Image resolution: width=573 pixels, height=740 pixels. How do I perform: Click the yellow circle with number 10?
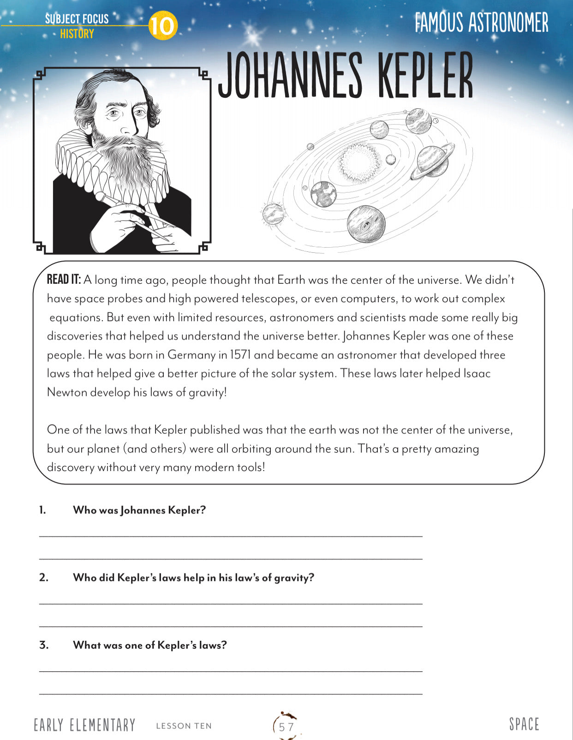(162, 26)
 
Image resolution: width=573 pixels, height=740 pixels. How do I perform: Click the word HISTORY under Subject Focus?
(77, 34)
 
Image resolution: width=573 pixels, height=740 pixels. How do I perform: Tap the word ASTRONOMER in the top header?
(508, 23)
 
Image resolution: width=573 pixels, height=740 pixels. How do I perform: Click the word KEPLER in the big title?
(425, 75)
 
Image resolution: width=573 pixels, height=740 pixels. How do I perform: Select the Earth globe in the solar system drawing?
(323, 193)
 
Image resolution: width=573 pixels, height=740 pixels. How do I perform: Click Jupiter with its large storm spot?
(366, 224)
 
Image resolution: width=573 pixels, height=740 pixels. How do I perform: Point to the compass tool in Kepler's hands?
(138, 215)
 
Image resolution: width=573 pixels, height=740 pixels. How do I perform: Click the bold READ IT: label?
(64, 280)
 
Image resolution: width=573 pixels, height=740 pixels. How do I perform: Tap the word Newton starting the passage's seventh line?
(67, 392)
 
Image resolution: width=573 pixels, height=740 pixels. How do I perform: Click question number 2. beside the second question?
(43, 578)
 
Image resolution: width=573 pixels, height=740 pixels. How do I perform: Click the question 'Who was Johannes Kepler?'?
(139, 510)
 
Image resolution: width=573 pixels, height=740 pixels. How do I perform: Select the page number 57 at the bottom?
(286, 727)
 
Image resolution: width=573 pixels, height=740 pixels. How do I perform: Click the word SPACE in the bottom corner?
(524, 724)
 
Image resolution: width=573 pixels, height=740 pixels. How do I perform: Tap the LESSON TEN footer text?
(184, 726)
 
